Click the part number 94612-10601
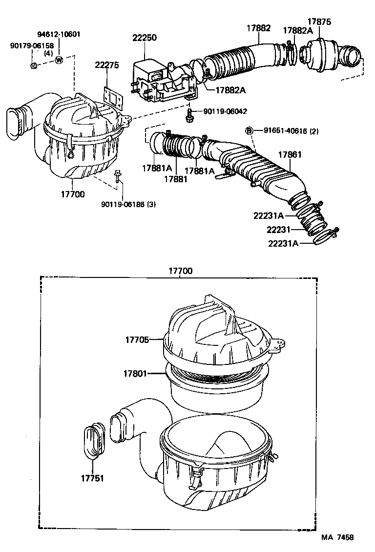[59, 35]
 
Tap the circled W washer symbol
[59, 60]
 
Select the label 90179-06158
[32, 45]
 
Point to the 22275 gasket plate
[113, 97]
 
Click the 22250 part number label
[145, 38]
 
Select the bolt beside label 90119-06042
[189, 116]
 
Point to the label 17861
[290, 154]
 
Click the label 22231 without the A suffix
[279, 230]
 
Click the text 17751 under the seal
[92, 478]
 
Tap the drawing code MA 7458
[337, 537]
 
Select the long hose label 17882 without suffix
[258, 28]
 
